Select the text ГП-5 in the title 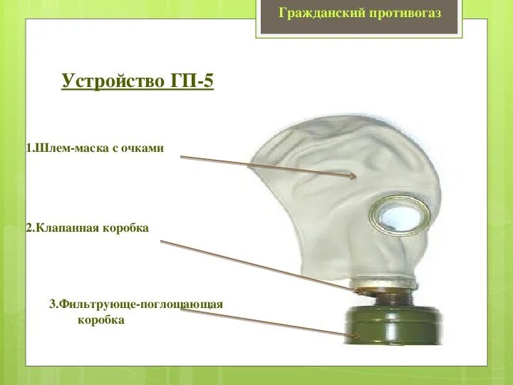click(x=192, y=81)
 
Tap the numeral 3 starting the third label click(x=52, y=304)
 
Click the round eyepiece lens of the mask click(x=399, y=212)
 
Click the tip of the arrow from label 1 click(x=354, y=175)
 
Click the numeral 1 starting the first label click(x=28, y=148)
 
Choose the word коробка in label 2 click(x=126, y=228)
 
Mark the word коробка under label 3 click(x=101, y=320)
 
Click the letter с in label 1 click(x=115, y=148)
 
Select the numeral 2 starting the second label click(x=28, y=228)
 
